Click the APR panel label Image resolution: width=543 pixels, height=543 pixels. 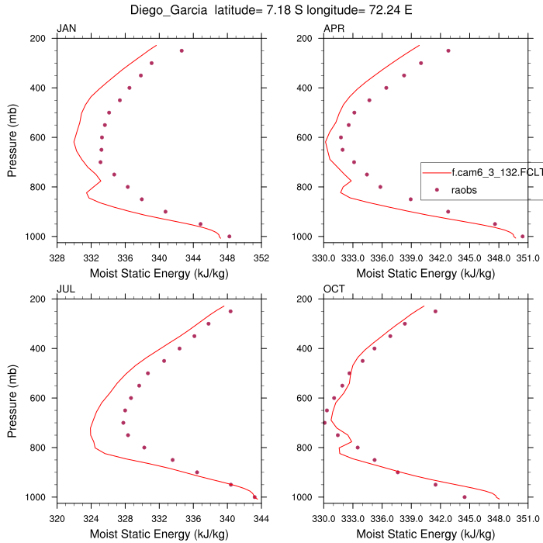[334, 29]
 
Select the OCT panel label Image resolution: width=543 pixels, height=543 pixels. [334, 290]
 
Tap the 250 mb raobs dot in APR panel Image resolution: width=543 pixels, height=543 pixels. [448, 50]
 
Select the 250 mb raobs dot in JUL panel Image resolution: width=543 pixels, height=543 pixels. [230, 311]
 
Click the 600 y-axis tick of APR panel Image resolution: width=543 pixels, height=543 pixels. [306, 137]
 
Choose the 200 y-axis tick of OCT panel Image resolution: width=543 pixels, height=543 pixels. [306, 299]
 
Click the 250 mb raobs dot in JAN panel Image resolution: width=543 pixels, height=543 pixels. [182, 50]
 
